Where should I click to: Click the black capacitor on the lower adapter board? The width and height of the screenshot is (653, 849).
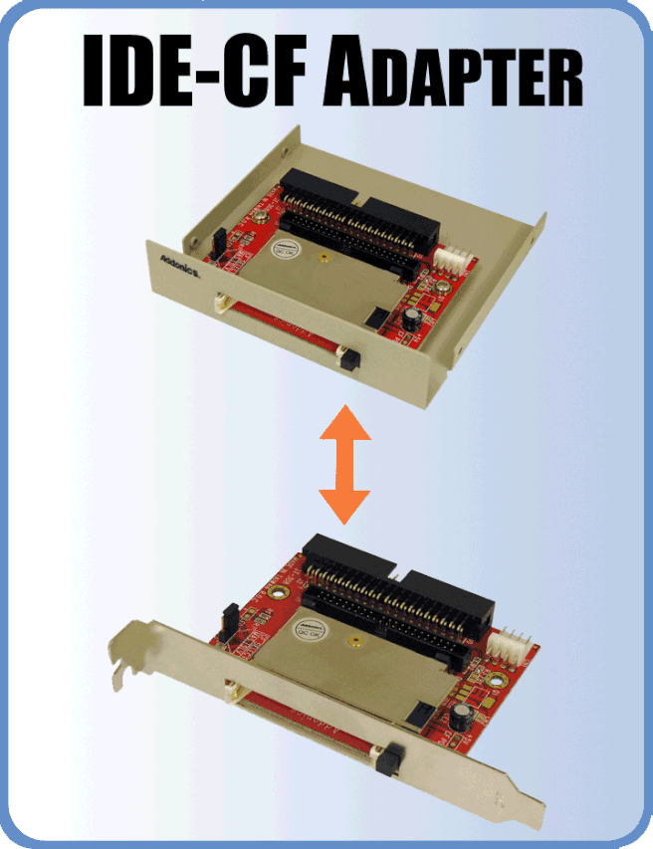point(459,718)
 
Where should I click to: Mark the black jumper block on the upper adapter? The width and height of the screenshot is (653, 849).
point(213,240)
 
